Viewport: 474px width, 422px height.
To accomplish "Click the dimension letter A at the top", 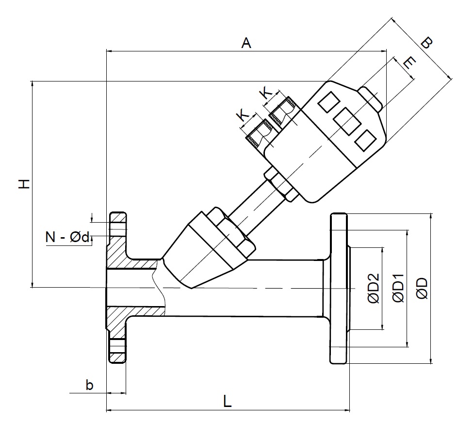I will pyautogui.click(x=246, y=43).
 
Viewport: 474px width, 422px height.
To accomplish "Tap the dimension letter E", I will pyautogui.click(x=409, y=64).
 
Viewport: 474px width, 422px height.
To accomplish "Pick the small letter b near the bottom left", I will pyautogui.click(x=89, y=386).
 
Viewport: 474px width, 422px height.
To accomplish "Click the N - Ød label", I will pyautogui.click(x=68, y=237).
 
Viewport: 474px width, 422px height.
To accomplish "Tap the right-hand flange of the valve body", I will pyautogui.click(x=339, y=288).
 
